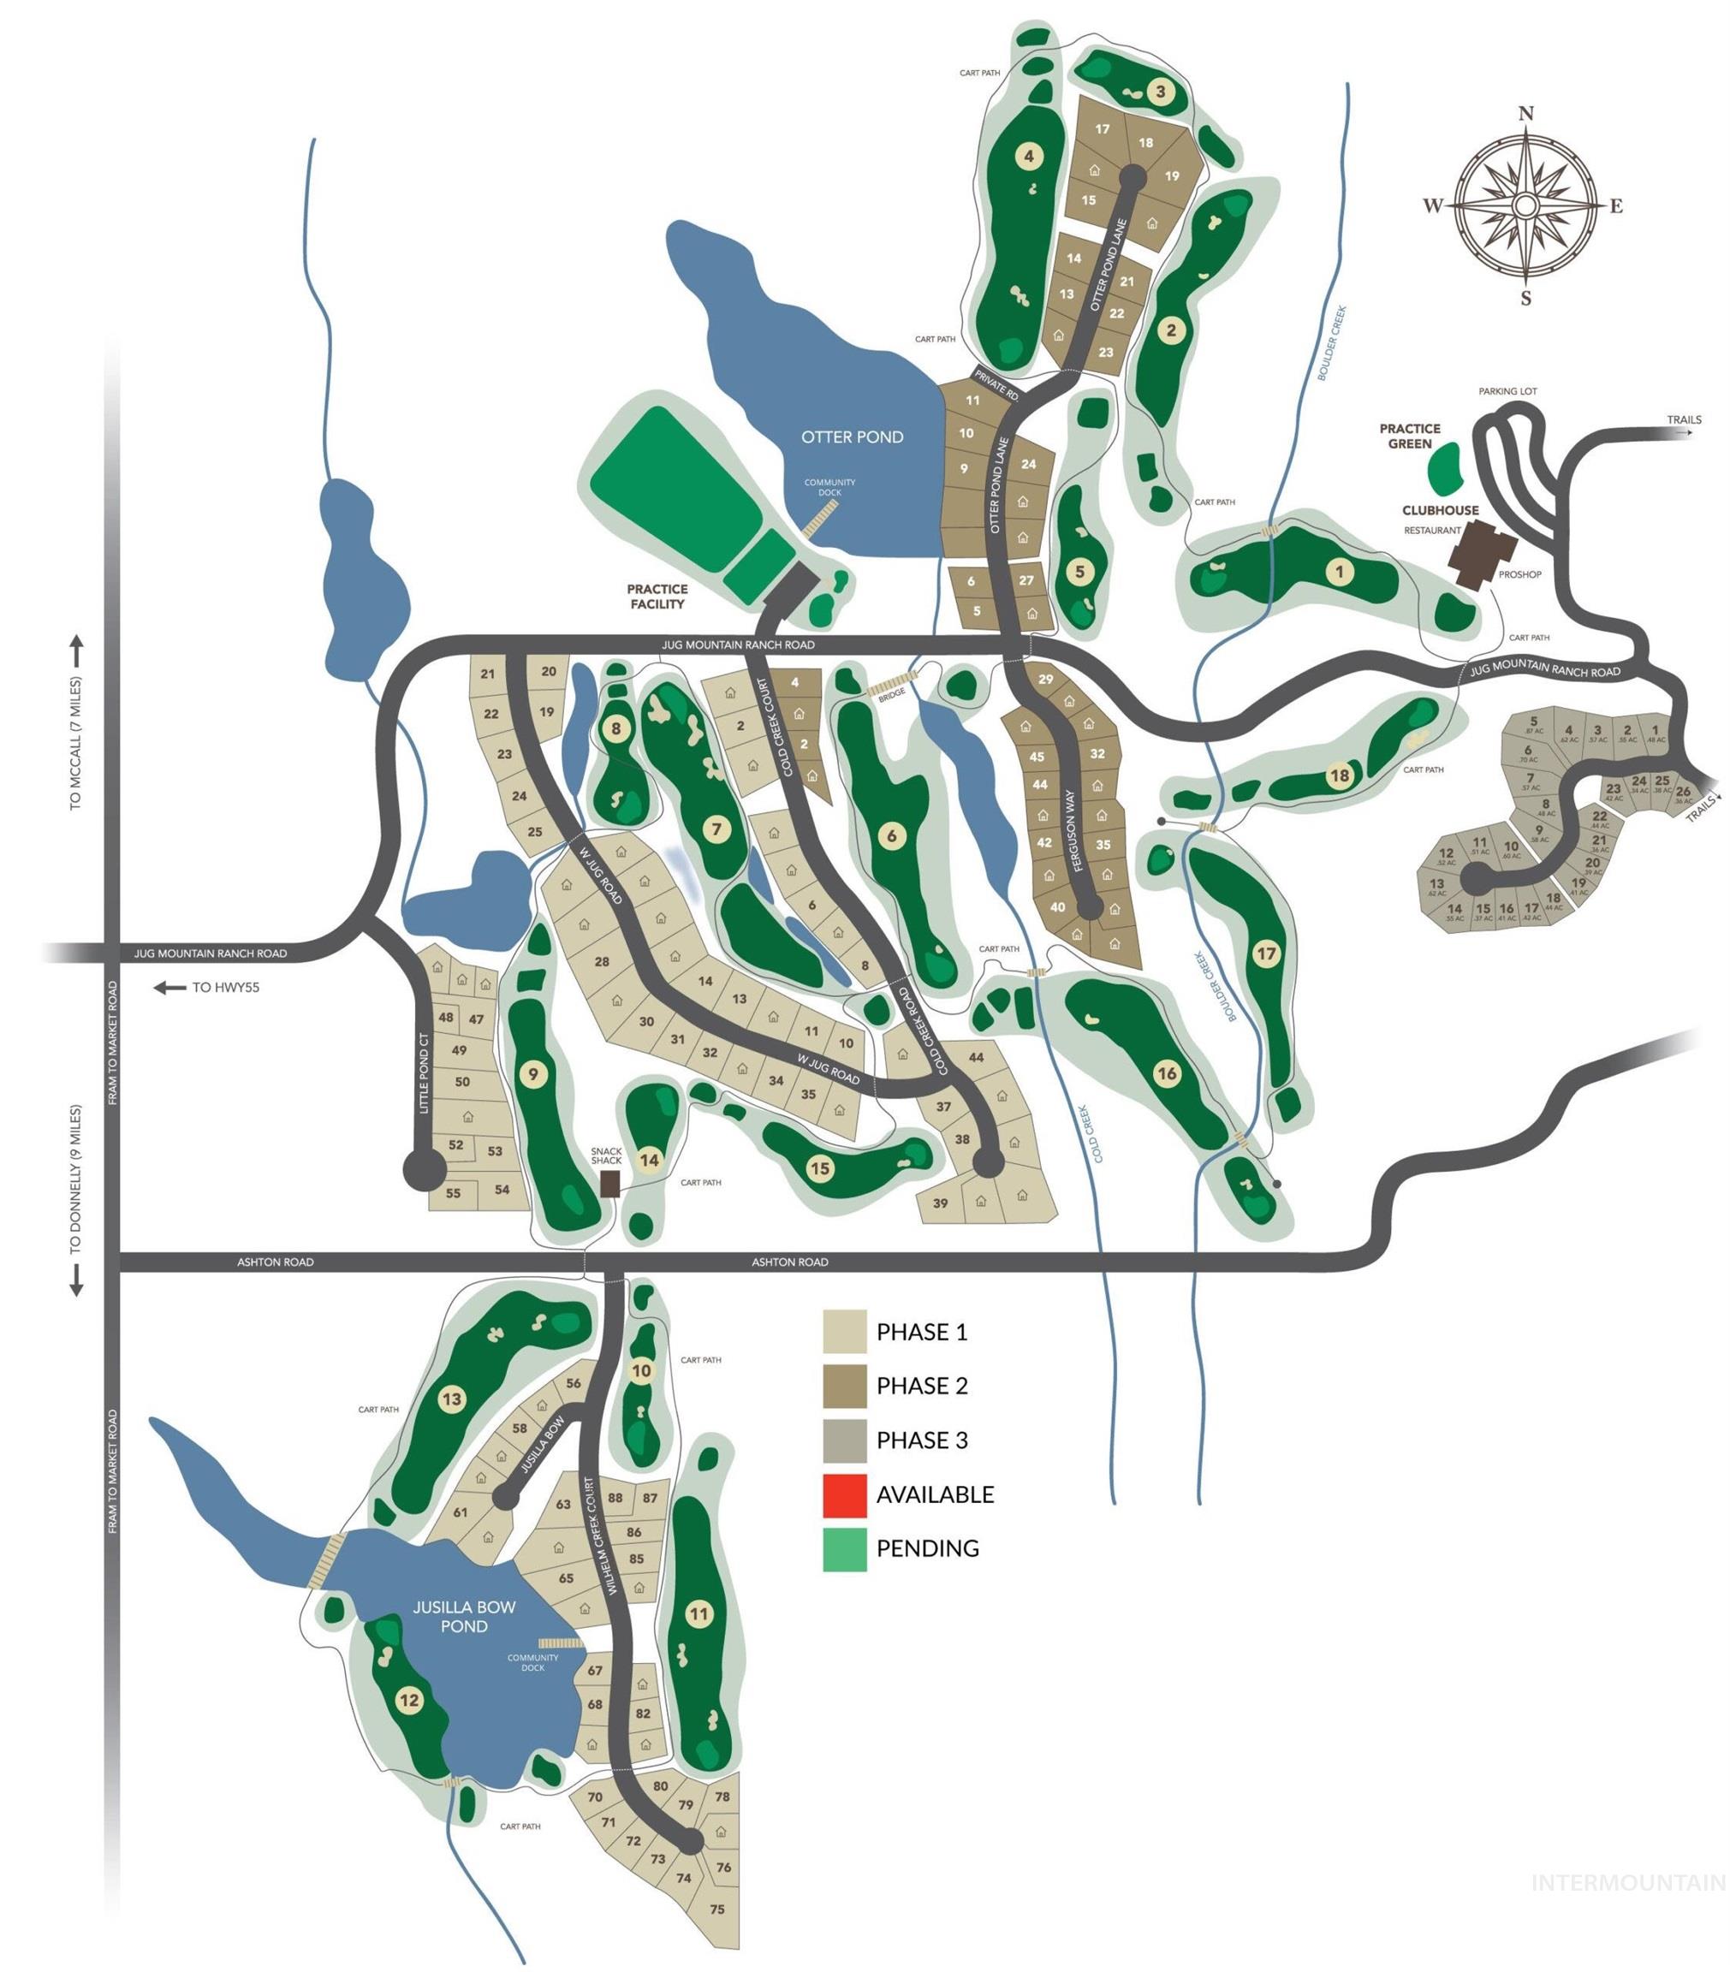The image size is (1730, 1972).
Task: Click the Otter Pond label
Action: (x=852, y=437)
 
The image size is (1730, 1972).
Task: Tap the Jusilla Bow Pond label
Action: (x=464, y=1616)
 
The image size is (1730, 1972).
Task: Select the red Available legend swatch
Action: (x=844, y=1494)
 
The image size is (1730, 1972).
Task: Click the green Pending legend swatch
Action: (x=844, y=1548)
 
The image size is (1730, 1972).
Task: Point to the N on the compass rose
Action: (x=1525, y=114)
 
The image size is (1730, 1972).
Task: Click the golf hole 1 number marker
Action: (x=1338, y=572)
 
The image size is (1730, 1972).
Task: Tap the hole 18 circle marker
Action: (x=1338, y=775)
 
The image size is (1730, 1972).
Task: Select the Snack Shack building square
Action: (x=609, y=1184)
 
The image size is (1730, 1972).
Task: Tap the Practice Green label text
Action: (x=1409, y=436)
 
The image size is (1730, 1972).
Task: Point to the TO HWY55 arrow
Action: (x=171, y=988)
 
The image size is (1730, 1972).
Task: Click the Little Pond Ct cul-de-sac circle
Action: (x=425, y=1169)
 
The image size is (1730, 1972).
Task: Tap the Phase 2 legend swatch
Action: (x=844, y=1387)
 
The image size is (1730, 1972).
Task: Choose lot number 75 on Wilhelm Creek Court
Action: (x=716, y=1910)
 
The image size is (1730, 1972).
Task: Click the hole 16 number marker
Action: (x=1167, y=1072)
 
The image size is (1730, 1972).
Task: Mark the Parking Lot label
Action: (x=1507, y=392)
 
